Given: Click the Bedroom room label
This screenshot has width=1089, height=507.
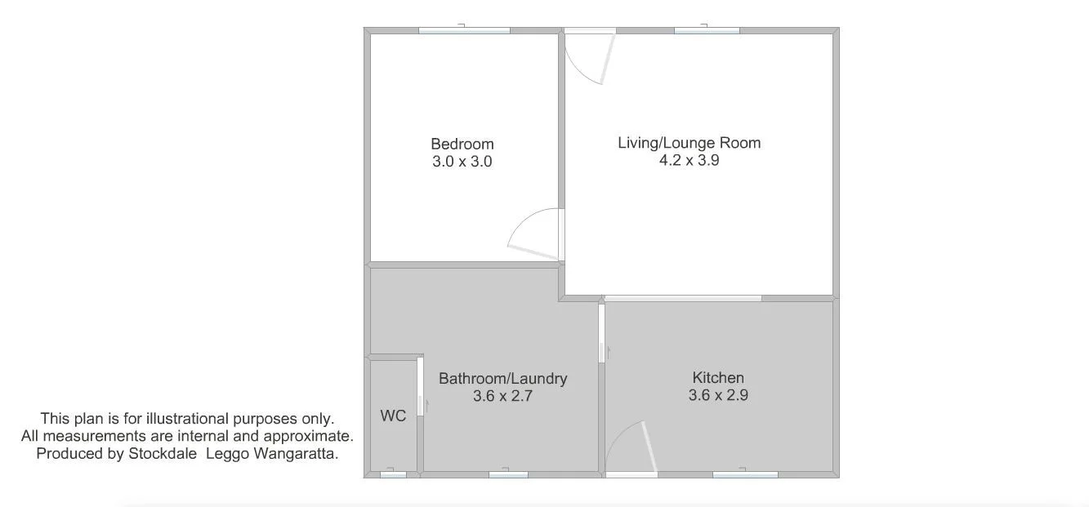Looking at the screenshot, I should (462, 145).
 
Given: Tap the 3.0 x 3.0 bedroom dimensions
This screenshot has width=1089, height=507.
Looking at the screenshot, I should (462, 162).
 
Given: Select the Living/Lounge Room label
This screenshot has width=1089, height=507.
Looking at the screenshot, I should (689, 143).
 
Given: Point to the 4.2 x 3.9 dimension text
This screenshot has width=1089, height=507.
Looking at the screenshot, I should (689, 160).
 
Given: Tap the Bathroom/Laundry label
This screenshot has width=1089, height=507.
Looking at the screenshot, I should (502, 379).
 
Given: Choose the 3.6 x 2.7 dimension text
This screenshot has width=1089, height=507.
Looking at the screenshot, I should (502, 397).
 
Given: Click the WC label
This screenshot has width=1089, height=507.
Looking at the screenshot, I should (393, 416).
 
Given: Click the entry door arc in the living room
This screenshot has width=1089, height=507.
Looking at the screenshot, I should (590, 61).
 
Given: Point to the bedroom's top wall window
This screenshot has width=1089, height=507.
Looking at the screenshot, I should (464, 30).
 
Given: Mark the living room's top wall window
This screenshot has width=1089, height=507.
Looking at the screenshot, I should (707, 30).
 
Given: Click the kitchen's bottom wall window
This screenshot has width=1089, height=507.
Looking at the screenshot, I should (745, 474).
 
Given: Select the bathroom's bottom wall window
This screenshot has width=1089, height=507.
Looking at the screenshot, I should (508, 474).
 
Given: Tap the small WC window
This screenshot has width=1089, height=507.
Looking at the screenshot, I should (393, 474).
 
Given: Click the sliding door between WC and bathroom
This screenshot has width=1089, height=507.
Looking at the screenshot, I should (421, 386).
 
